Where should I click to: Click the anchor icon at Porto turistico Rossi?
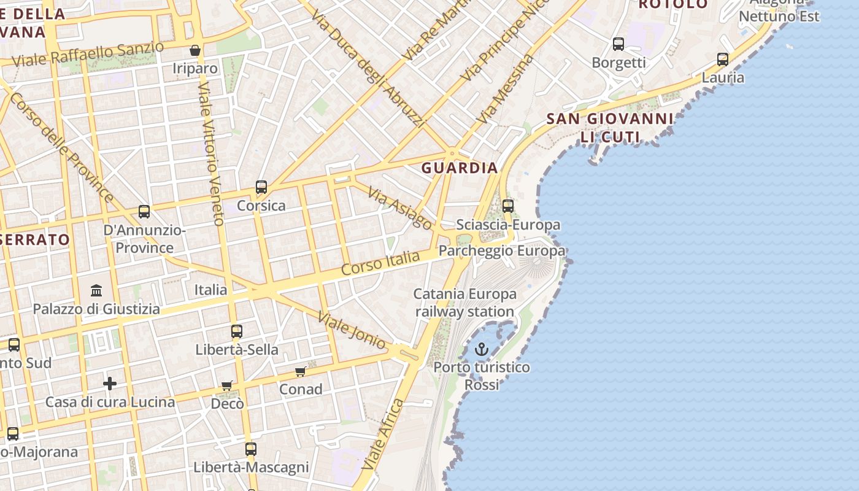click(x=482, y=350)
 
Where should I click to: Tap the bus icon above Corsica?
click(x=261, y=187)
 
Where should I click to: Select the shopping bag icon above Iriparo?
click(x=195, y=50)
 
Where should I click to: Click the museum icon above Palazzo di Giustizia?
click(x=96, y=290)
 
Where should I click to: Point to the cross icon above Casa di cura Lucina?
click(x=110, y=384)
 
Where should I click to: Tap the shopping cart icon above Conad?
click(x=301, y=371)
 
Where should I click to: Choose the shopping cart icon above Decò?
click(x=227, y=386)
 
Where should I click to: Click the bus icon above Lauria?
click(x=723, y=60)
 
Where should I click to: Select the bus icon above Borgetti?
click(x=618, y=44)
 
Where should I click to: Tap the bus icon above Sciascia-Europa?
click(x=508, y=206)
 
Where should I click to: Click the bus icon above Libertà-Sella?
click(x=237, y=331)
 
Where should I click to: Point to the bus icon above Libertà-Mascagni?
click(x=250, y=449)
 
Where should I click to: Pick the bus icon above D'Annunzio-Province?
click(x=144, y=212)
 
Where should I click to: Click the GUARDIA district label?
click(x=460, y=168)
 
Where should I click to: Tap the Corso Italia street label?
click(x=380, y=263)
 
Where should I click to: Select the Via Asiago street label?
click(x=399, y=208)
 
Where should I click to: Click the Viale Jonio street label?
click(x=352, y=330)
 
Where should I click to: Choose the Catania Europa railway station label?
click(x=464, y=303)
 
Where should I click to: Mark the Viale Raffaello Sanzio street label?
click(x=88, y=55)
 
